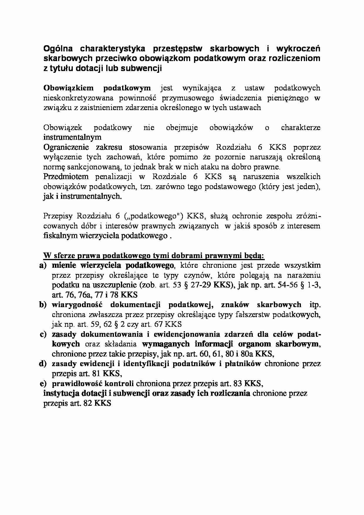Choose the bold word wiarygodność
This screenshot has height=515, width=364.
pyautogui.click(x=75, y=305)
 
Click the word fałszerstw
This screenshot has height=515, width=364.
pyautogui.click(x=252, y=314)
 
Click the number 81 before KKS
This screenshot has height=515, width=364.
pyautogui.click(x=96, y=373)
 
